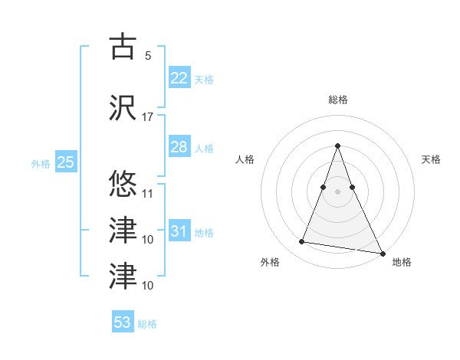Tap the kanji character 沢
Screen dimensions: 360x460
pyautogui.click(x=123, y=107)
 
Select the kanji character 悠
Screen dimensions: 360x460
pyautogui.click(x=123, y=184)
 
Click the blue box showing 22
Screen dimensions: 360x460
pyautogui.click(x=179, y=77)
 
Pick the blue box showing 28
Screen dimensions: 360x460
pyautogui.click(x=179, y=147)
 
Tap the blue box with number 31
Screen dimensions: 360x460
pyautogui.click(x=179, y=231)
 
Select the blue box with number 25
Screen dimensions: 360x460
pyautogui.click(x=65, y=162)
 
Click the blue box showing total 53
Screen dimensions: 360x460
pyautogui.click(x=123, y=322)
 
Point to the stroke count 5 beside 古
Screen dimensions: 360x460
pyautogui.click(x=147, y=56)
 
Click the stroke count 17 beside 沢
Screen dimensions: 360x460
pyautogui.click(x=148, y=117)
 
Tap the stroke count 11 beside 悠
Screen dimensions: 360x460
pyautogui.click(x=148, y=194)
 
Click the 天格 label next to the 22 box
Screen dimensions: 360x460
pyautogui.click(x=204, y=79)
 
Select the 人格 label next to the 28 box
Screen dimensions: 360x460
pyautogui.click(x=204, y=149)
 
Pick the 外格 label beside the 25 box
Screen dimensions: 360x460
pyautogui.click(x=41, y=164)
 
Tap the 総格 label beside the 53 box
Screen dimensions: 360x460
pyautogui.click(x=147, y=324)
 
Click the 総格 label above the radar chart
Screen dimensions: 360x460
pyautogui.click(x=337, y=100)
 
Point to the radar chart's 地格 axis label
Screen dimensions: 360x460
pyautogui.click(x=402, y=262)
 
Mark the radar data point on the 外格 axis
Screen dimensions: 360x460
pyautogui.click(x=302, y=242)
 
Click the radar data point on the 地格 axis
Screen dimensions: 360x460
pyautogui.click(x=382, y=253)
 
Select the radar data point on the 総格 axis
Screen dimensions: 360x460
pyautogui.click(x=337, y=146)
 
